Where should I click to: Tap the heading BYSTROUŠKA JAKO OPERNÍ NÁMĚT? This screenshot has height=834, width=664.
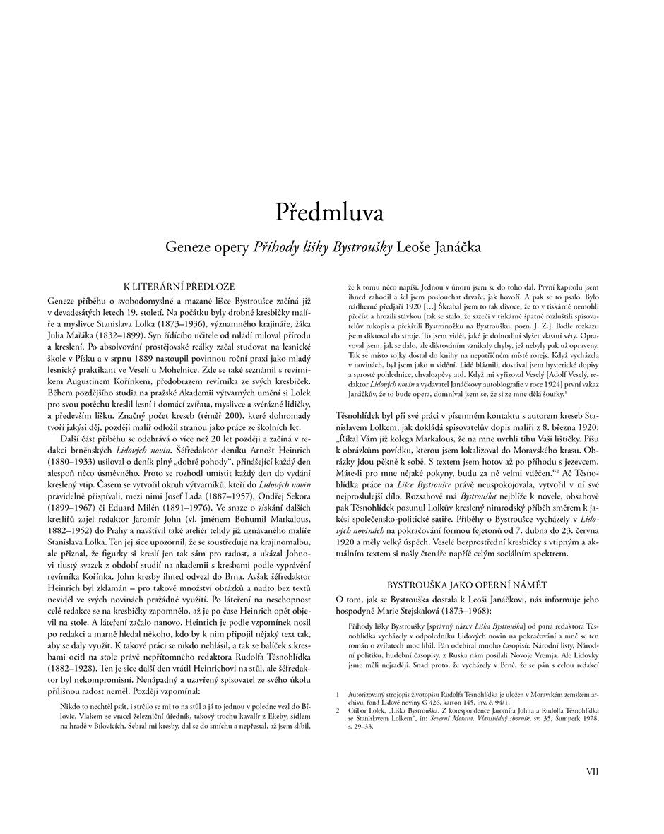[468, 585]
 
